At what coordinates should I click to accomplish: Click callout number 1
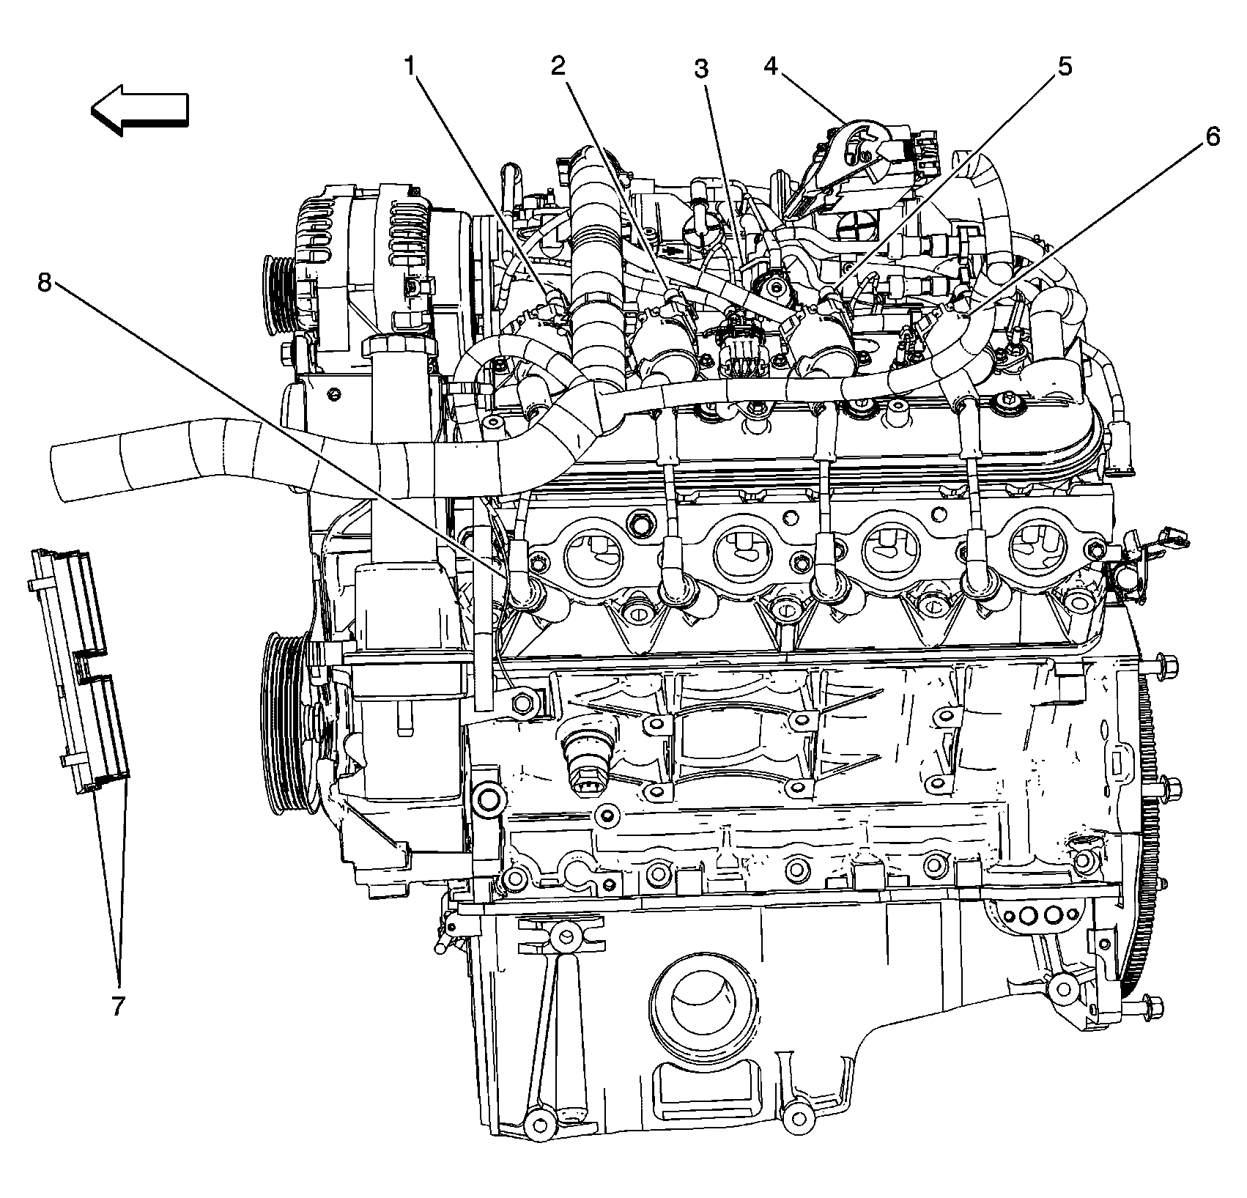412,67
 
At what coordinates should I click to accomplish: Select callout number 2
558,67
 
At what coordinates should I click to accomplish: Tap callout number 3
701,70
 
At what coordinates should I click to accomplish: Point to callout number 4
770,66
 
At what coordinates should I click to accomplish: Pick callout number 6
1213,136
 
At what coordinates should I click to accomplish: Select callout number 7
118,1007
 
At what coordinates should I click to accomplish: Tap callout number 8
45,281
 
